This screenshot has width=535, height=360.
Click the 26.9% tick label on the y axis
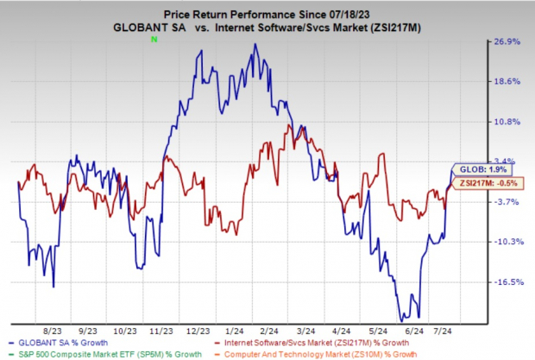(507, 41)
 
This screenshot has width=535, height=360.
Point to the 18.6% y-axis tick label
(507, 81)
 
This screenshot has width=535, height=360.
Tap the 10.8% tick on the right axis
(507, 122)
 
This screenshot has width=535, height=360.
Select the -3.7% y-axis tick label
(507, 202)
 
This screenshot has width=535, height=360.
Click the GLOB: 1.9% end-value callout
(475, 171)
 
